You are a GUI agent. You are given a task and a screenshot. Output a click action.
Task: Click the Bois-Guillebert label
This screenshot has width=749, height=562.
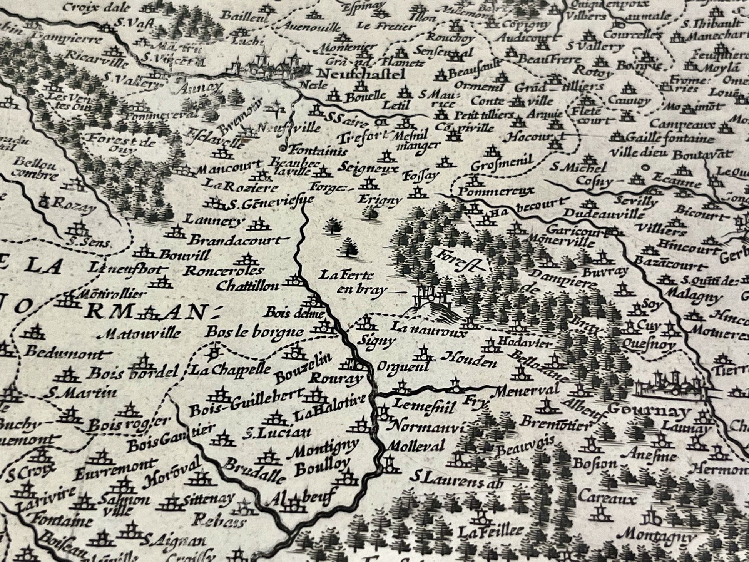(247, 404)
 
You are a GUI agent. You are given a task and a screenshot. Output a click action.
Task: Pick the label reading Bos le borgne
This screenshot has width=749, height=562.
(254, 332)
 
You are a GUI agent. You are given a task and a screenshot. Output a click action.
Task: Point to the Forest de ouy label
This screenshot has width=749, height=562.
(121, 144)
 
